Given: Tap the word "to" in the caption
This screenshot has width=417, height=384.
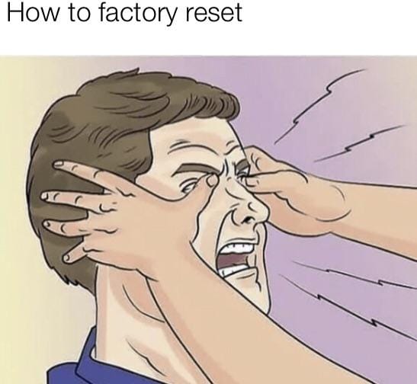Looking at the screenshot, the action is pos(79,13).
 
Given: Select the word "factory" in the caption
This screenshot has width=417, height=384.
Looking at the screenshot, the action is pos(137,14).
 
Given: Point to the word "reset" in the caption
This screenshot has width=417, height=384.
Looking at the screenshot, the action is pos(213,13).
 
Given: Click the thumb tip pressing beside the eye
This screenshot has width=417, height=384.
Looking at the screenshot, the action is pos(212,181).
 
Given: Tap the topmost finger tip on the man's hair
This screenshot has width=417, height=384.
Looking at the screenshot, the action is pos(58,165).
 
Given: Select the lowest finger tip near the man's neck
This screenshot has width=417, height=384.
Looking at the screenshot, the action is pos(67,258).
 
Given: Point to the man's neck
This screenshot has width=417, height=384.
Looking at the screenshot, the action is pos(127,314).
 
